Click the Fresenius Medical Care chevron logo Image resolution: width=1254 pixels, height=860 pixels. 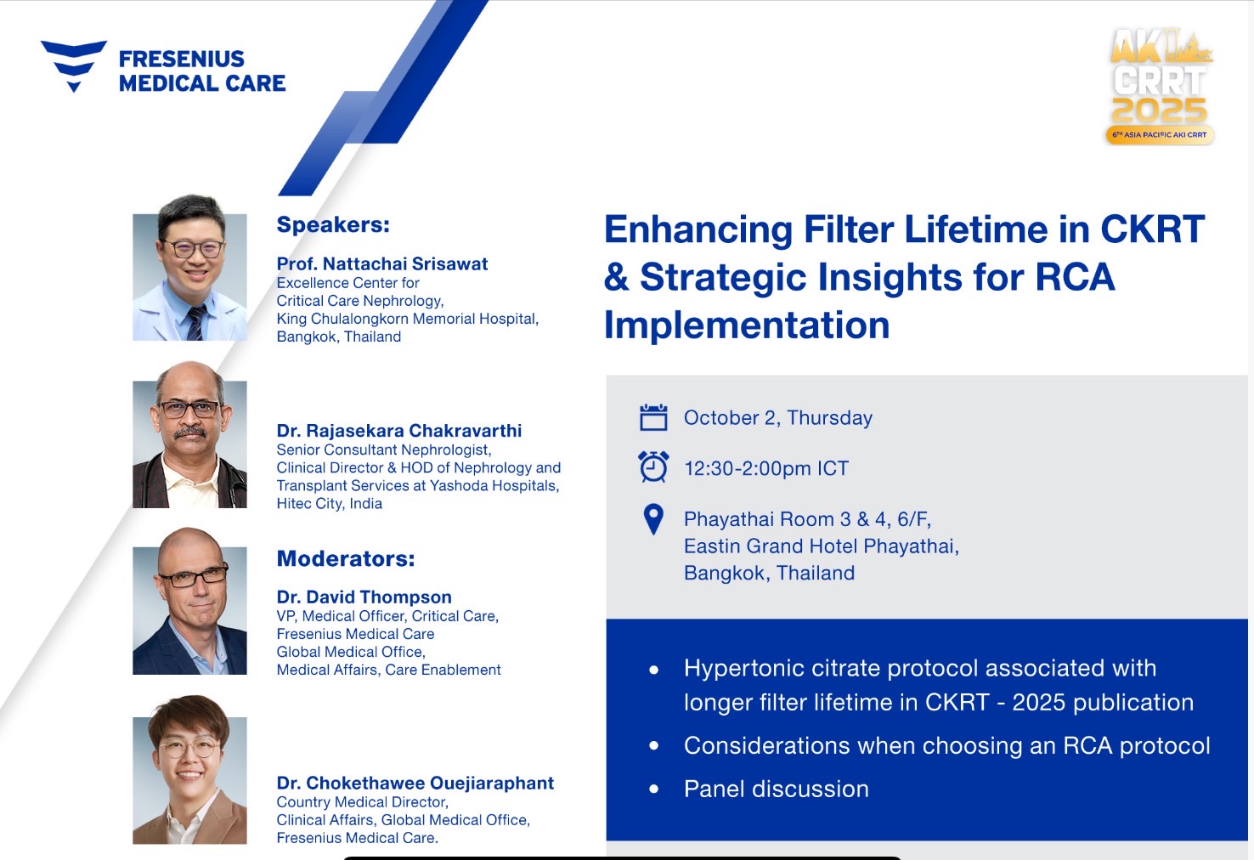point(74,65)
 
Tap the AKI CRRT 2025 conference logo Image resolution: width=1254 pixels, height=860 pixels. point(1160,87)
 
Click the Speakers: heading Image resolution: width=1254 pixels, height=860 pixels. point(333,225)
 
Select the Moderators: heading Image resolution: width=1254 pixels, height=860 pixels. point(346,559)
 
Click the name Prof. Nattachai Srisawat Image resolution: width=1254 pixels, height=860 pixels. point(382,263)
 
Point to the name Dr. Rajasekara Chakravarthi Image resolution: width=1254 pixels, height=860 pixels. point(399,431)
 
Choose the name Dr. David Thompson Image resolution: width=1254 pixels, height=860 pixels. point(364,597)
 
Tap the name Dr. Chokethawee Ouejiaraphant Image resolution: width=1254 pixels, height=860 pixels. point(415,783)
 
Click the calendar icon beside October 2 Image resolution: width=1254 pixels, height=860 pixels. point(653,417)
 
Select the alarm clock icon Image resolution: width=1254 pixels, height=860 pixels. point(653,467)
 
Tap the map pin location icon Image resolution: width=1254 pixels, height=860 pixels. point(653,519)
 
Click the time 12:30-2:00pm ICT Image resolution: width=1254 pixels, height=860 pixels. point(766,468)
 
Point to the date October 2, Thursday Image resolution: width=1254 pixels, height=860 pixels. point(778,418)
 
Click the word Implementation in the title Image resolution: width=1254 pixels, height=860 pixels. point(747,325)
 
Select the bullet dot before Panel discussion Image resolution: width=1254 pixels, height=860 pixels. point(653,789)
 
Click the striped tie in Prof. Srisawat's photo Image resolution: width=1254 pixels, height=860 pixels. point(196,323)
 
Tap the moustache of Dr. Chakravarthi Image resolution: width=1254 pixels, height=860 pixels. point(189,433)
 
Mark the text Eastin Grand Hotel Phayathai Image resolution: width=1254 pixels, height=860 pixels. point(822,546)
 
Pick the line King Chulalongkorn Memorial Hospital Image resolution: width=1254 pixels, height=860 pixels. point(408,319)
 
